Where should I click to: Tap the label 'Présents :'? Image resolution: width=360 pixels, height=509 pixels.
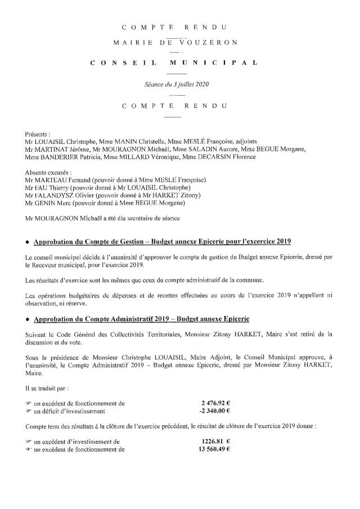click(x=38, y=134)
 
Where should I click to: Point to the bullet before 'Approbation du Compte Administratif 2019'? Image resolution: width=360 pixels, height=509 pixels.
click(x=27, y=319)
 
